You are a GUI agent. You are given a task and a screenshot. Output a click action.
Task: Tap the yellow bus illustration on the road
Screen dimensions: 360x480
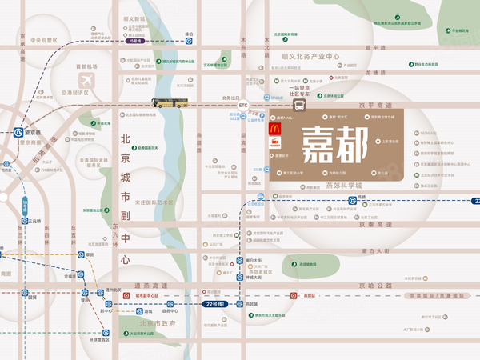170,102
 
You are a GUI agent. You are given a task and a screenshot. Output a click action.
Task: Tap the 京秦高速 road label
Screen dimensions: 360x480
371,226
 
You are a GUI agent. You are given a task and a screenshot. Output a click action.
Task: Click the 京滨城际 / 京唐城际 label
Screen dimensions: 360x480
435,295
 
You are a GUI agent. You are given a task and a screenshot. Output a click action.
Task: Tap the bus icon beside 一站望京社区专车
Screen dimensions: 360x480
299,105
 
